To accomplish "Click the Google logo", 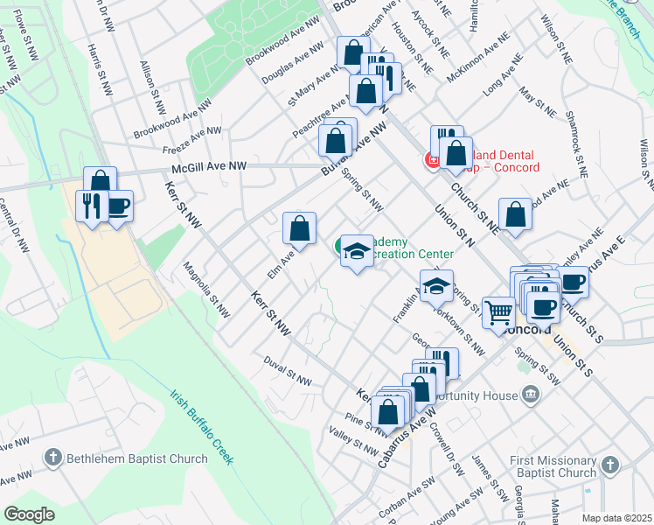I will click(30, 514).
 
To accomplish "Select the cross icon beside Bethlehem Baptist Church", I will click(53, 457).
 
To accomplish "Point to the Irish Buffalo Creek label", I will click(202, 427).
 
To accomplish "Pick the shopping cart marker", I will click(498, 311).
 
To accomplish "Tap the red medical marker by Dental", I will click(431, 159).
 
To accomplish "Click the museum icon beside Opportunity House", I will click(530, 396).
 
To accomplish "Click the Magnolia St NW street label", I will click(206, 289).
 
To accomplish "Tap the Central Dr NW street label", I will click(15, 226).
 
